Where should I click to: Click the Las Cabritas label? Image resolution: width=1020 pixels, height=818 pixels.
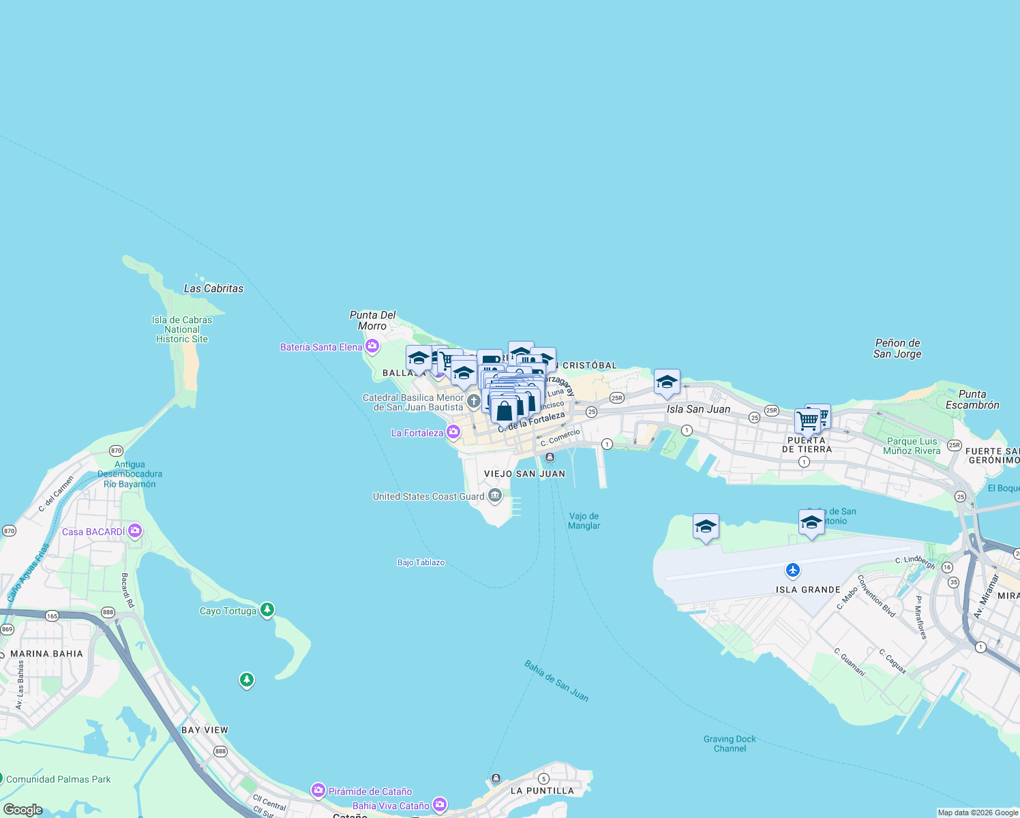coord(213,288)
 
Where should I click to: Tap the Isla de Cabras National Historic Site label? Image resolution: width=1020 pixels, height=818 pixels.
coord(182,329)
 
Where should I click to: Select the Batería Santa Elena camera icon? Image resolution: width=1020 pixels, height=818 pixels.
coord(372,347)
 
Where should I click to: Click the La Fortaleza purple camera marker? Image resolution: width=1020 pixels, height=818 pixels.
coord(453,433)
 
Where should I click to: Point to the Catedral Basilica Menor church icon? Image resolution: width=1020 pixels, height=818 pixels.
coord(473,402)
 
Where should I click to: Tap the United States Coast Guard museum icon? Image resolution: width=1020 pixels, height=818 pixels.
coord(495,496)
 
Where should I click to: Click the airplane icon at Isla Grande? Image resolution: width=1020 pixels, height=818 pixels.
coord(792,570)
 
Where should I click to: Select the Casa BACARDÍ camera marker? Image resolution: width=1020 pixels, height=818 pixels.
coord(135,531)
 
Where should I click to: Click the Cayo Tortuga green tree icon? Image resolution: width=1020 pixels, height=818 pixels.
coord(267,609)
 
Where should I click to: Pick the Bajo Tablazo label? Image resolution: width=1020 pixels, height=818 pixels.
coord(421,562)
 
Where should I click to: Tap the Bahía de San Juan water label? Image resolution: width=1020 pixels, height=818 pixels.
coord(556,680)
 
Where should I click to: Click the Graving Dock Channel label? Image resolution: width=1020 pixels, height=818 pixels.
coord(730,744)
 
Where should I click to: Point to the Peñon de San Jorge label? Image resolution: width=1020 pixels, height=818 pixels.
coord(897,348)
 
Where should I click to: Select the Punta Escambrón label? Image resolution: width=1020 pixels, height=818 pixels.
coord(972,399)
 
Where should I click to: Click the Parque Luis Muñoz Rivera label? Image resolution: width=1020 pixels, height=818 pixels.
coord(912,446)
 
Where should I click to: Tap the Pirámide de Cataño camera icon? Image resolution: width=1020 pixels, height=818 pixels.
coord(318,791)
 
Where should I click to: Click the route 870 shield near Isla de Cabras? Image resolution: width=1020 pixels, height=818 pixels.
coord(116,451)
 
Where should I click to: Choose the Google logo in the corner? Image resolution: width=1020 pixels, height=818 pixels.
coord(22,810)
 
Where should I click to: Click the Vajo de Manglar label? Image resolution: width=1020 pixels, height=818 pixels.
coord(584,521)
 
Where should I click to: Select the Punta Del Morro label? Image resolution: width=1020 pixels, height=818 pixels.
coord(372,320)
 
